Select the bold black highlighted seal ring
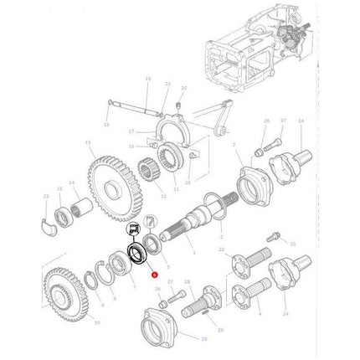(x=134, y=254)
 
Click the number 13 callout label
(x=88, y=143)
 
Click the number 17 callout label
(x=131, y=131)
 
